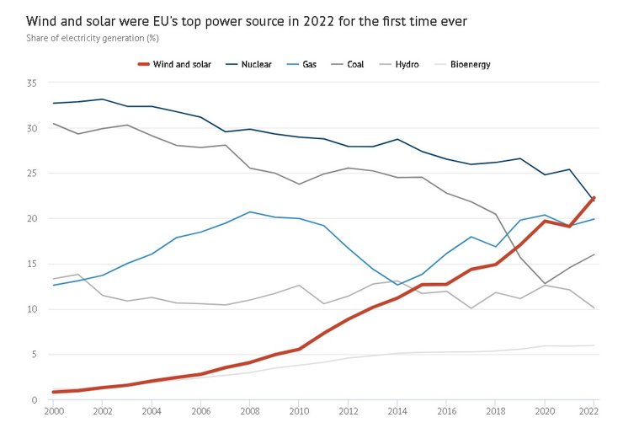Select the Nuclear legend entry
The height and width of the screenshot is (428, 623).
tap(256, 64)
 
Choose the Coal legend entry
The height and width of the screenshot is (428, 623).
tap(355, 64)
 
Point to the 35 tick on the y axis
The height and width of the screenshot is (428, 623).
tap(32, 83)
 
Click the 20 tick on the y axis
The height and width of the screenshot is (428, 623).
tap(32, 219)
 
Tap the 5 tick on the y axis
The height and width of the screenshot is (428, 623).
tap(35, 355)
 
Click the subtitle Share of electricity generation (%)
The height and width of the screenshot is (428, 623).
tap(93, 38)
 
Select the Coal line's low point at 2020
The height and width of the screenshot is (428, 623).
tap(546, 283)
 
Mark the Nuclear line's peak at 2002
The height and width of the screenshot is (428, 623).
tap(102, 99)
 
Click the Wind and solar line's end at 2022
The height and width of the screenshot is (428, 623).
tap(594, 197)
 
